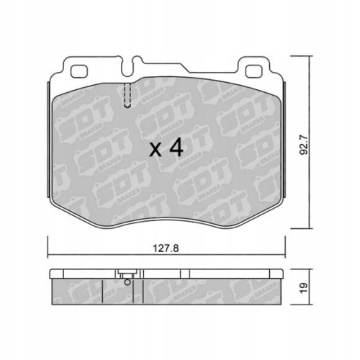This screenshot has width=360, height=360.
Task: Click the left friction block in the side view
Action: tap(79, 290)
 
